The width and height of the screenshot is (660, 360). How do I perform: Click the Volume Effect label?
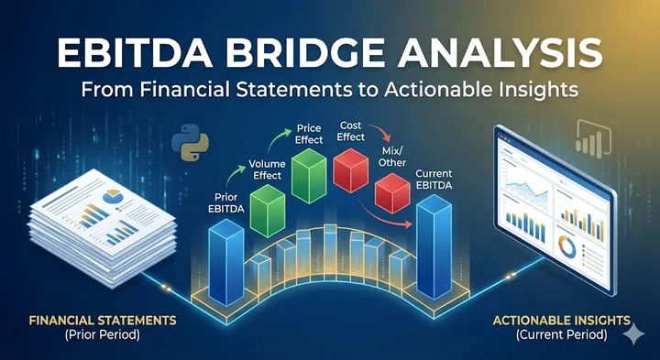(x=267, y=172)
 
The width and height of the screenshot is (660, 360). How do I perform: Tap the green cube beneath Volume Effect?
(x=268, y=211)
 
